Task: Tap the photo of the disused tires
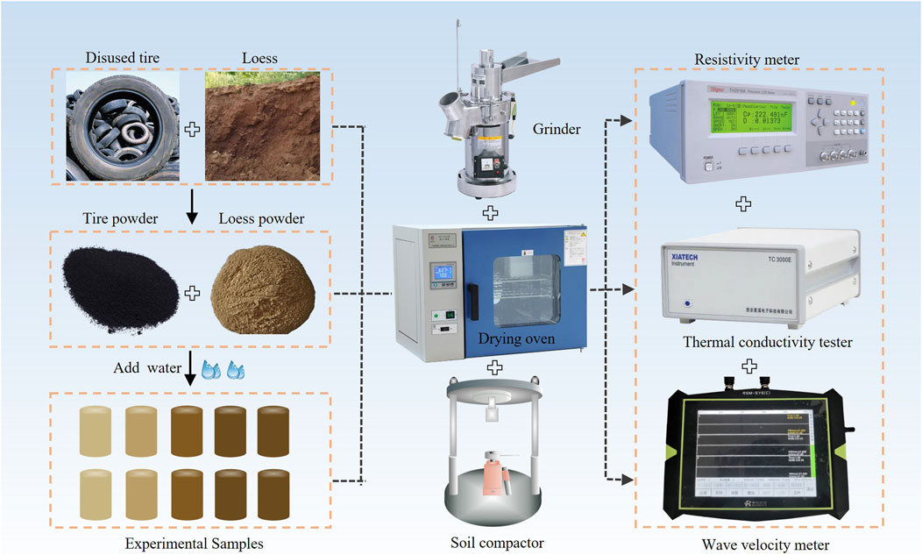(124, 126)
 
